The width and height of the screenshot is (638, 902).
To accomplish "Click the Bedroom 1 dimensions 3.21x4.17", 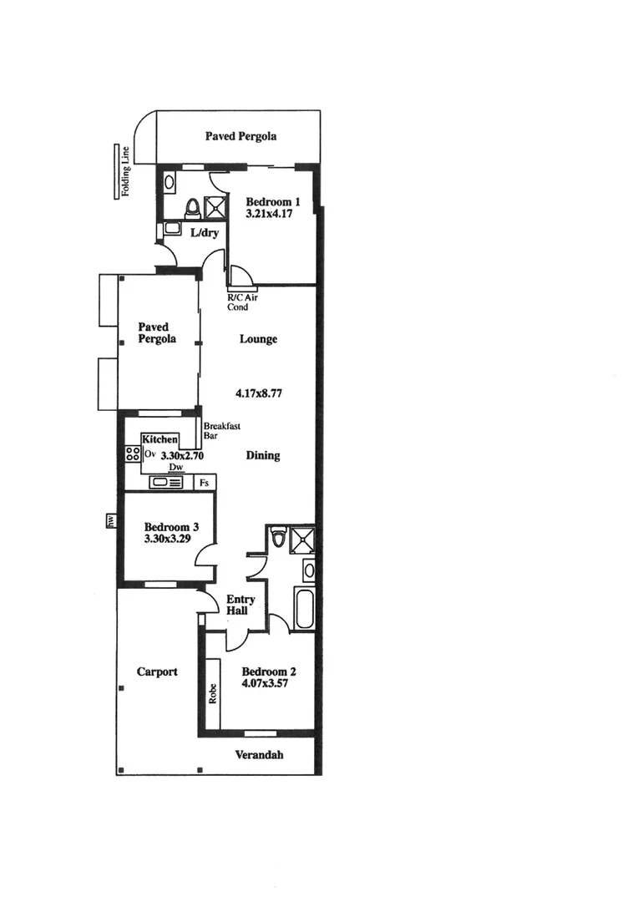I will point(271,215).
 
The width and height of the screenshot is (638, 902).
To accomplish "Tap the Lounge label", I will point(258,340).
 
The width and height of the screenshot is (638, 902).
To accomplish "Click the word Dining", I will point(263,456).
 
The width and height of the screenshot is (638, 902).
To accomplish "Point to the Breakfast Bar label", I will point(221,430).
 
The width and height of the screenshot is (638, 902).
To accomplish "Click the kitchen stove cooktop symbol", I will point(133,454).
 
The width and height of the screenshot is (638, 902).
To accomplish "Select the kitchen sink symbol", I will point(159,482).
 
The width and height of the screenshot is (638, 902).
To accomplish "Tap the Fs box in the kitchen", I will point(205,483).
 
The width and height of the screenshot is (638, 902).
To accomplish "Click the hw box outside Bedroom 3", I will point(109,521).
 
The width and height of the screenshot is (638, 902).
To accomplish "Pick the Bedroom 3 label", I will point(171,527).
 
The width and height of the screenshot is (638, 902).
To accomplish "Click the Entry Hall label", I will point(241,606).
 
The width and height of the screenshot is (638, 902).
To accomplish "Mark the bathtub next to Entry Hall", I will point(304,608).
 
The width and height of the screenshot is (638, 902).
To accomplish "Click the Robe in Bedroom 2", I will point(212,692).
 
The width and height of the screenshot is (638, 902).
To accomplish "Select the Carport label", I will point(157,671).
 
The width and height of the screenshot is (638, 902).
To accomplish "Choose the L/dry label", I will point(204,233).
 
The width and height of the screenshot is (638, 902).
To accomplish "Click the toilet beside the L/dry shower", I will point(191,206).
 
